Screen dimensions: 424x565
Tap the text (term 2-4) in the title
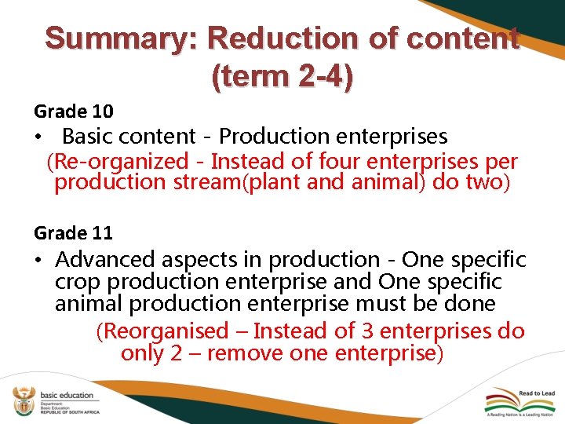282,76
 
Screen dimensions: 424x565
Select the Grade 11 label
73,232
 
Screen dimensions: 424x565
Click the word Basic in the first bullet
87,136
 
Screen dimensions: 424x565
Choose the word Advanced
108,259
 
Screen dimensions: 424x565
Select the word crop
78,281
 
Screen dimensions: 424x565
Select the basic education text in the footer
65,396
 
